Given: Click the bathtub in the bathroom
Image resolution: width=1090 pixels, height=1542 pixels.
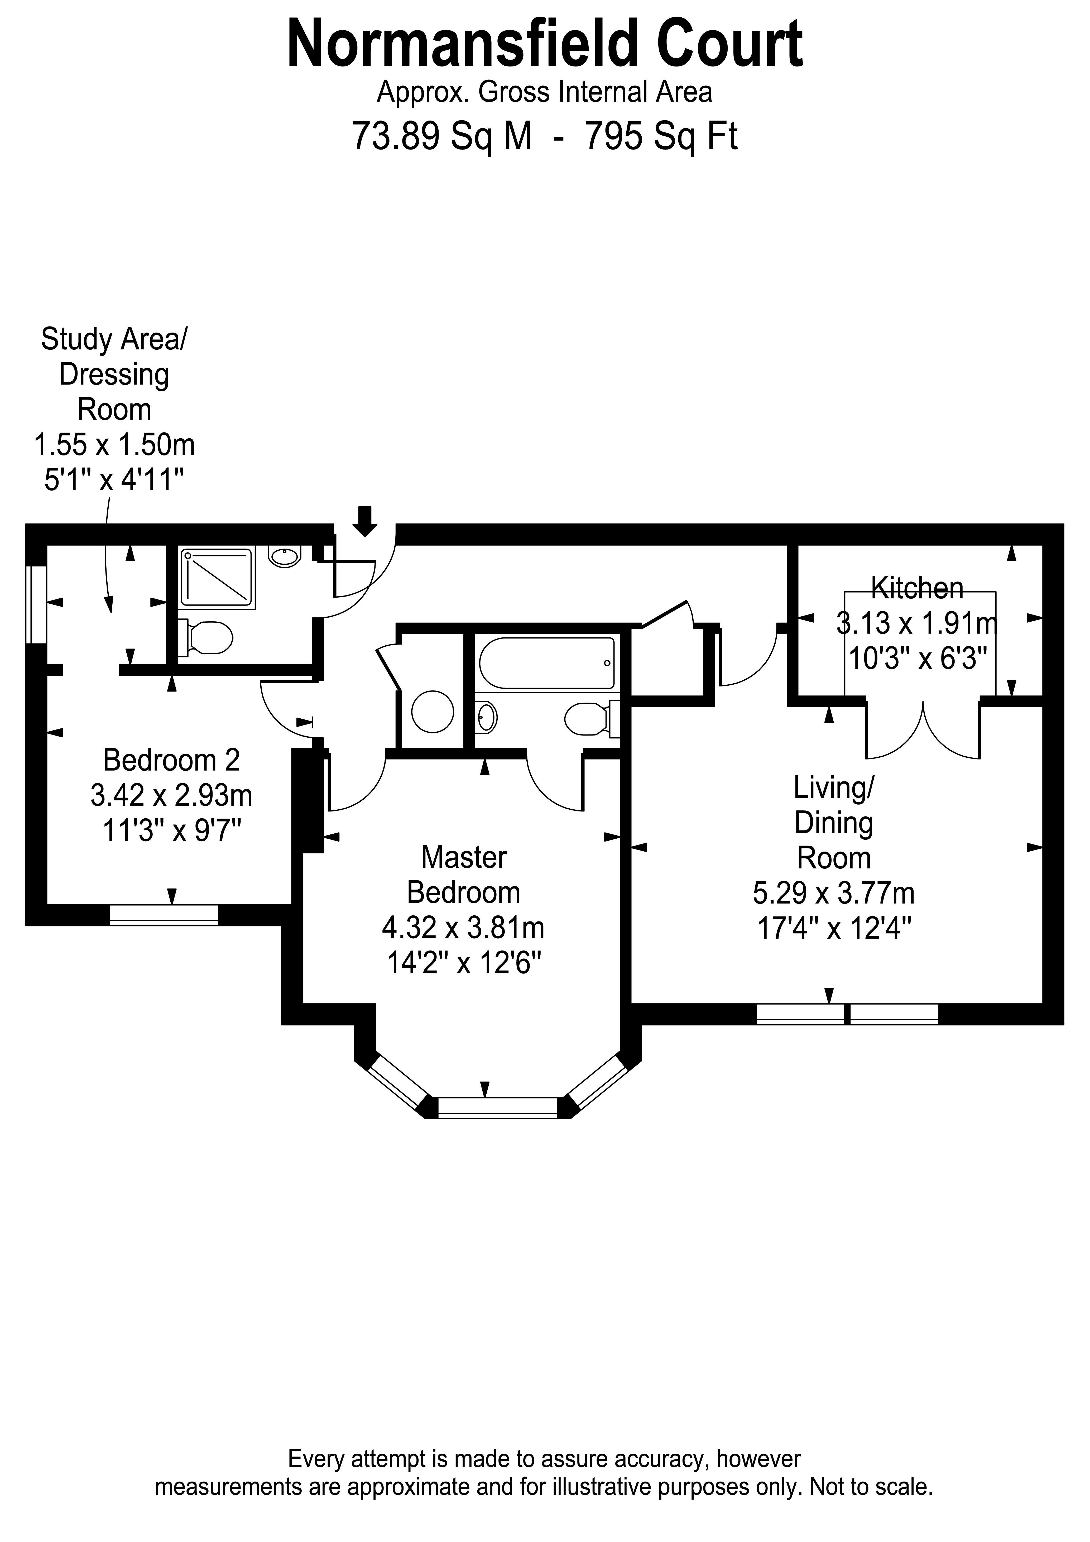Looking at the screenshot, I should pos(547,663).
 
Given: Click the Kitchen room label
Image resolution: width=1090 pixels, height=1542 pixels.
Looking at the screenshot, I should pos(917,588).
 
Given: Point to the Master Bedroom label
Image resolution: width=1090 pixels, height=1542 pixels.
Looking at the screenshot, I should pos(463,875).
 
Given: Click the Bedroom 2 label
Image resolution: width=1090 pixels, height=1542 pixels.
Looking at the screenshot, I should pos(171,760).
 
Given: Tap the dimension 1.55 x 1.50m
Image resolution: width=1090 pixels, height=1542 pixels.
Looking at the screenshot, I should pos(114,445).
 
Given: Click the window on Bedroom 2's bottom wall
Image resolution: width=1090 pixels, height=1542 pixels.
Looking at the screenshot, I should pos(164,915).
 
